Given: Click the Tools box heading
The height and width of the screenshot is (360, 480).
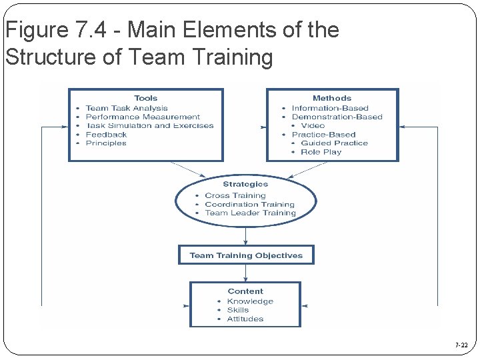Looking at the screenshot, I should (145, 98).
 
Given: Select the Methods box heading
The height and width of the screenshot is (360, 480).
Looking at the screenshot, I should (331, 98).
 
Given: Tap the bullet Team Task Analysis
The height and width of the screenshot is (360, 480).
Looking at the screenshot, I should (127, 108).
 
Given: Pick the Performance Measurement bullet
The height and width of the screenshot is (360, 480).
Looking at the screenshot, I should (143, 117).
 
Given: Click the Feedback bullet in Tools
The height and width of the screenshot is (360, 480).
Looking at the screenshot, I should (106, 135).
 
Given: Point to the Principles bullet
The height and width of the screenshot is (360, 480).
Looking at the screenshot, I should (106, 143).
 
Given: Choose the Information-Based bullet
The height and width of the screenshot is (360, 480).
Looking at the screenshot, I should (330, 108).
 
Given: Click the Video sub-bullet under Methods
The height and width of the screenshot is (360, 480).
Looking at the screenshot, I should (313, 125).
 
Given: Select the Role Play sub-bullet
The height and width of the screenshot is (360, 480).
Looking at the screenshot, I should (321, 152).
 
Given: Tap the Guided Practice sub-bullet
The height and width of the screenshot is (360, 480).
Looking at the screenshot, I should (334, 143).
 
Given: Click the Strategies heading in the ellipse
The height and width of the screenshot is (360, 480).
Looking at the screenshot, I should (245, 184).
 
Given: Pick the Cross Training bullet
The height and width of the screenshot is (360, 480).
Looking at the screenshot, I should (235, 195).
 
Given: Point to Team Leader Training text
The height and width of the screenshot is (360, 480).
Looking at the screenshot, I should (250, 213).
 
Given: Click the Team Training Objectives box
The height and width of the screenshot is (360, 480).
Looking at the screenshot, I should (246, 255).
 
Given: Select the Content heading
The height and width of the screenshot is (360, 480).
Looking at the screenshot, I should (245, 291).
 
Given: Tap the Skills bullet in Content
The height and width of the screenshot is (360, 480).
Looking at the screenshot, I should (238, 310).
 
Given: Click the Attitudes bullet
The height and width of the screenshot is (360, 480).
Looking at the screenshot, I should (245, 319).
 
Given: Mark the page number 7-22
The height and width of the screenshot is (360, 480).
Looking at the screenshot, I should (461, 345).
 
